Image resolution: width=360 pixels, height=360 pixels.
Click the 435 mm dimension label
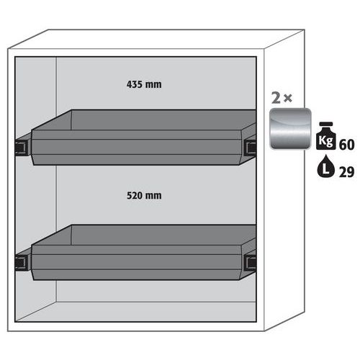click(x=144, y=84)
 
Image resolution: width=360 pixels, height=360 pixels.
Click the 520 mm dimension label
click(x=144, y=196)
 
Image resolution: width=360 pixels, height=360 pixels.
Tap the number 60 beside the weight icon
click(x=346, y=145)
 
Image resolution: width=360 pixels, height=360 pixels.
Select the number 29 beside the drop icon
click(x=346, y=172)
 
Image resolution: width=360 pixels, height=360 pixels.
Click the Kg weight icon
click(x=325, y=136)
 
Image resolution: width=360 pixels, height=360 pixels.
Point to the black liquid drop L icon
click(x=325, y=166)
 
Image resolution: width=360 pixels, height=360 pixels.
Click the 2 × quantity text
click(x=282, y=98)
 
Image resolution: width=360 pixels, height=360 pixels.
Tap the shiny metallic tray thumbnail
click(x=290, y=129)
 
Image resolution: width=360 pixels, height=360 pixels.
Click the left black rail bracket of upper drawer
click(x=22, y=148)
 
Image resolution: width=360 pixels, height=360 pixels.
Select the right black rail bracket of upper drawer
click(x=250, y=146)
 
